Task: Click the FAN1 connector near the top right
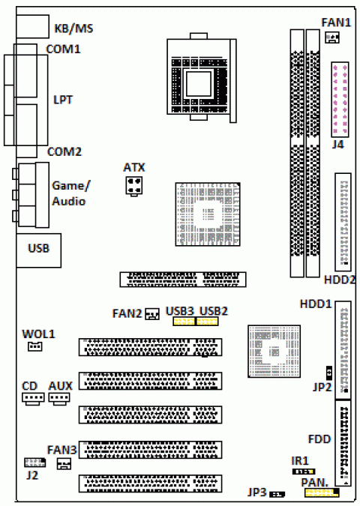tap(332, 37)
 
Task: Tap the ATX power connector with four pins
tap(134, 186)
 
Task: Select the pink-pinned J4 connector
tap(340, 99)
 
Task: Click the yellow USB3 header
tap(184, 322)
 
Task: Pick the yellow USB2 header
tap(207, 322)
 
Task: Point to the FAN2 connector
tap(152, 313)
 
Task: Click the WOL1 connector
tap(34, 346)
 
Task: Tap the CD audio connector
tap(33, 398)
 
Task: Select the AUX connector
tap(59, 397)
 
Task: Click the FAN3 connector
tap(64, 464)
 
